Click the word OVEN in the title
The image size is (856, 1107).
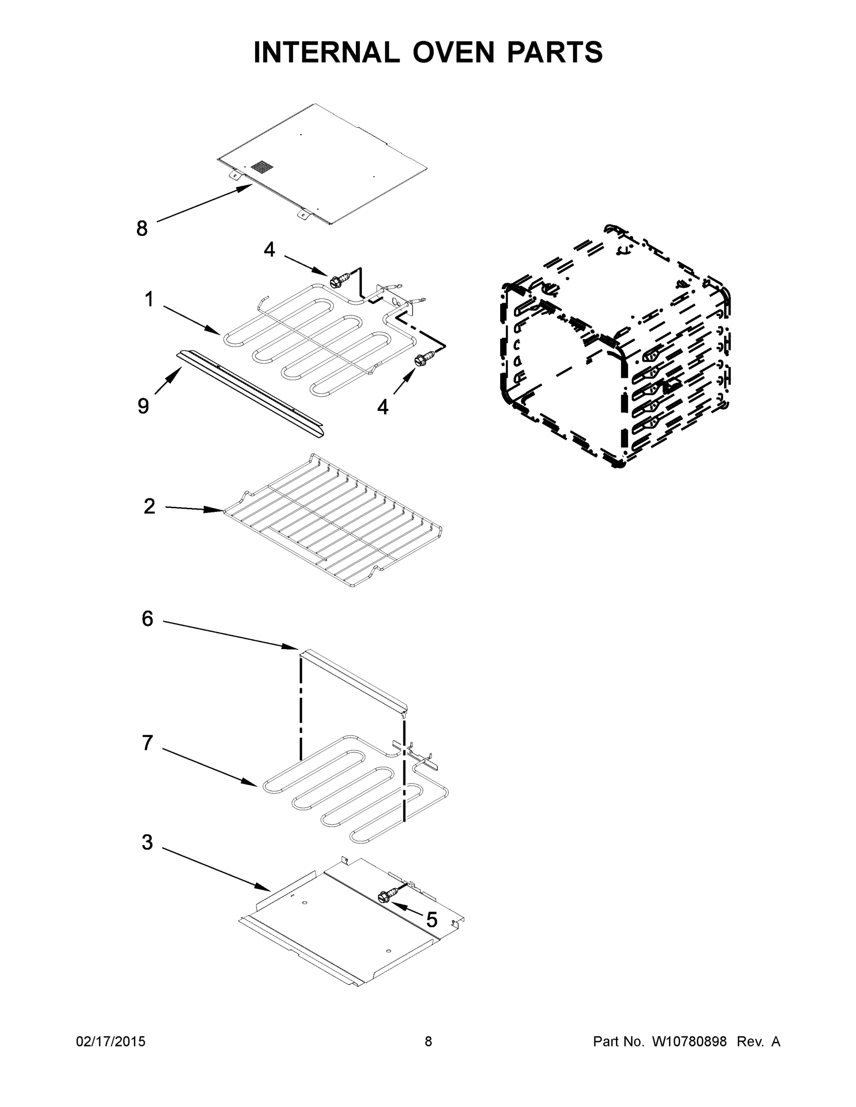[453, 52]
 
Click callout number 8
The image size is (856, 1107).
[142, 229]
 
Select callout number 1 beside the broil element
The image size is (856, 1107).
[149, 299]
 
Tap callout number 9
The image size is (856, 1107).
[144, 406]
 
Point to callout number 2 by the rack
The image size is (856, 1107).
[149, 506]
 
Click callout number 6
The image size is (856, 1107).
[147, 619]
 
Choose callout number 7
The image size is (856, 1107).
[147, 743]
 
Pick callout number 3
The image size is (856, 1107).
[147, 842]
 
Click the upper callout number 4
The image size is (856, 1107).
[269, 250]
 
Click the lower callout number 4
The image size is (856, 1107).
[383, 406]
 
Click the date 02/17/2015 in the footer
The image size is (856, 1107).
[111, 1042]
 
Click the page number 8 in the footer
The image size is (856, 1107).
[428, 1042]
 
